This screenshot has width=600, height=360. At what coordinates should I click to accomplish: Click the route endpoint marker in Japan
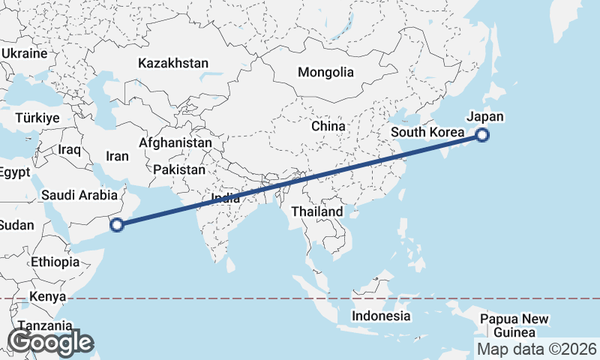coord(482,136)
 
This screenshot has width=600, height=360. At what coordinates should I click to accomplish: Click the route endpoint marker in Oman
coord(117,223)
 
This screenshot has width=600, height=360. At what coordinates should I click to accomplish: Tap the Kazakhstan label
coord(173,64)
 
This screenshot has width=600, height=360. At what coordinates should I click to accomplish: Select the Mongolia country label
coord(325,73)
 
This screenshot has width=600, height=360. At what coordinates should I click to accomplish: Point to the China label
coord(328,126)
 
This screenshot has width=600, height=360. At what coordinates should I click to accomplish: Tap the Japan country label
coord(484,117)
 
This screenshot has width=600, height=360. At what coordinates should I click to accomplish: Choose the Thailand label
coord(317,211)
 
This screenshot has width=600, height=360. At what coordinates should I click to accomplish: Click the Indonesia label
coord(382,316)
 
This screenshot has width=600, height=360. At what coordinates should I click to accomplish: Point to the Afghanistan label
coord(175,142)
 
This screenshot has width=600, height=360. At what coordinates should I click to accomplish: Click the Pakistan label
coord(179,170)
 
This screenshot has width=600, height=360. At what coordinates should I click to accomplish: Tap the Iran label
coord(118,157)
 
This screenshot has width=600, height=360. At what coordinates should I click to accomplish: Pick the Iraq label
coord(69,150)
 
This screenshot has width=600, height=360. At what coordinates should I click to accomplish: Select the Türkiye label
coord(37,118)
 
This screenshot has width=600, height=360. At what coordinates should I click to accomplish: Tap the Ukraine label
coord(24,54)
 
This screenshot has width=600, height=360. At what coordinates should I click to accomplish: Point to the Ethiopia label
coord(55,262)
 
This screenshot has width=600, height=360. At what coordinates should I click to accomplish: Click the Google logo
coord(49,342)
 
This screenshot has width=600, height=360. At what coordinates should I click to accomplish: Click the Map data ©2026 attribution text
coord(537,349)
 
